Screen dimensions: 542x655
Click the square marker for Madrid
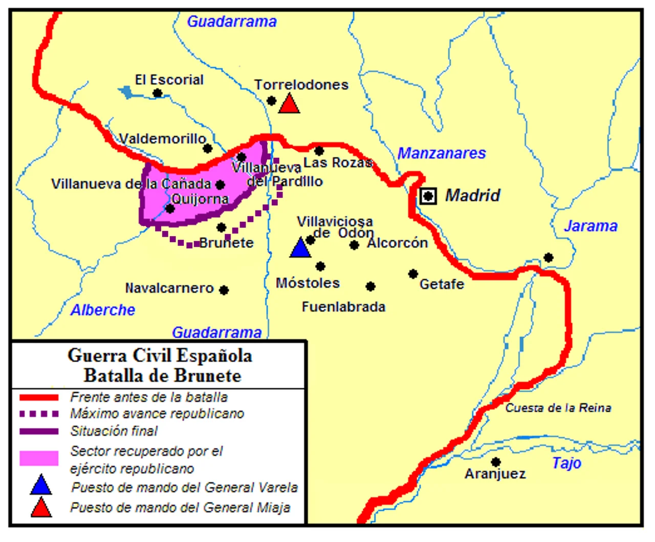(x=428, y=196)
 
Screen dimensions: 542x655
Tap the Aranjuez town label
(x=495, y=474)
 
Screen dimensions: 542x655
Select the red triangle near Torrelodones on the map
(x=289, y=104)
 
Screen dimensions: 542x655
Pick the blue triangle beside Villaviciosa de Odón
(x=300, y=248)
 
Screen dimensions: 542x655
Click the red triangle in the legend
(x=41, y=508)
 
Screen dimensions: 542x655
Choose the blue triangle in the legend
(x=41, y=486)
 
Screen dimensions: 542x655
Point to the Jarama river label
(x=591, y=226)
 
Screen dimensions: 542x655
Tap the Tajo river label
(x=566, y=463)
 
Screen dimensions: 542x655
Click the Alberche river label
(x=103, y=310)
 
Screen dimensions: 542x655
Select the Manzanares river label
(x=442, y=153)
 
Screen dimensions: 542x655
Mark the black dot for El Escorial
(x=158, y=93)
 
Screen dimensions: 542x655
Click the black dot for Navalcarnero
(x=224, y=290)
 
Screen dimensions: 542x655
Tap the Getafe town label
(x=442, y=284)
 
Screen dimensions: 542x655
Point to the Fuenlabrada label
(x=343, y=307)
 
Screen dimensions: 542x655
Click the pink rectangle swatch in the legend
(x=39, y=458)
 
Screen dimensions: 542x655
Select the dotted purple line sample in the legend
(x=39, y=413)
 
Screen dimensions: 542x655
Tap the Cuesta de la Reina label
(x=558, y=408)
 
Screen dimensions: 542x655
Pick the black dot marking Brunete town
(x=221, y=227)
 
